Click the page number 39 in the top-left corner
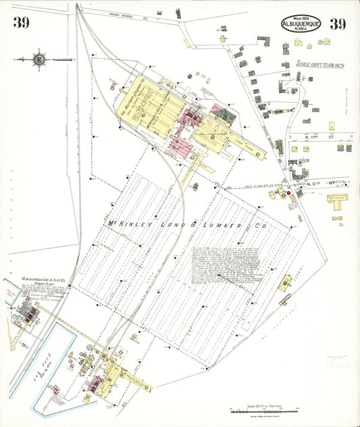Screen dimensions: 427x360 coord(20,24)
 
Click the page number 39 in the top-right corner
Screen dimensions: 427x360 coord(337,24)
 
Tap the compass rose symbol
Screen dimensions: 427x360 coord(40,59)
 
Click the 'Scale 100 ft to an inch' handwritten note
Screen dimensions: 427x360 coord(320,64)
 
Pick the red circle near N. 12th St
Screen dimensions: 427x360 coord(288,193)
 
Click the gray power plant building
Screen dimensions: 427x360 coord(28,311)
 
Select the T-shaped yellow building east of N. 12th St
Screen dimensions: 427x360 coord(336,201)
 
